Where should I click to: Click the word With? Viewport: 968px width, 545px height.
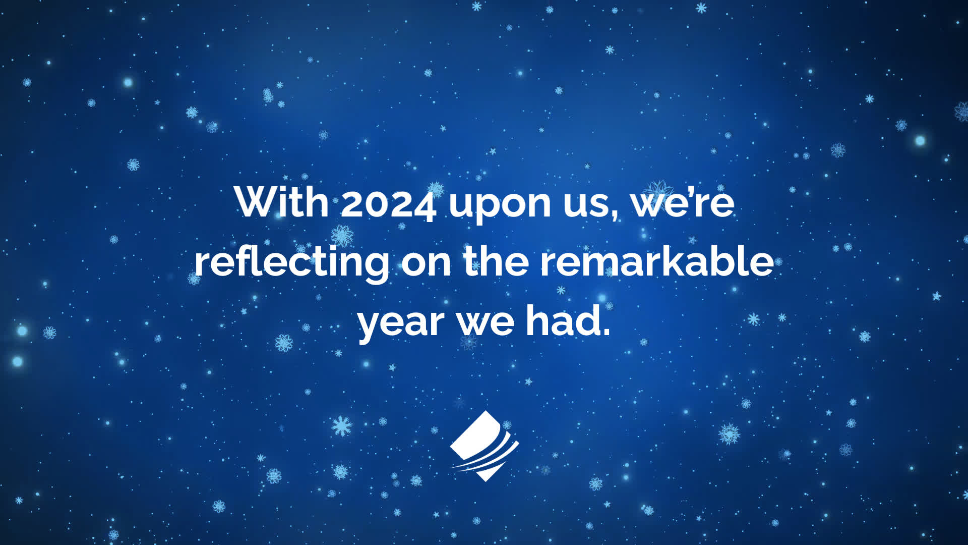pyautogui.click(x=281, y=202)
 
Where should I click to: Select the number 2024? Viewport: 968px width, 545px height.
pyautogui.click(x=388, y=204)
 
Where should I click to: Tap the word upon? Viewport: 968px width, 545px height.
pyautogui.click(x=500, y=207)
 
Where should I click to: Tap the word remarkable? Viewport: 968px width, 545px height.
pyautogui.click(x=657, y=260)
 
